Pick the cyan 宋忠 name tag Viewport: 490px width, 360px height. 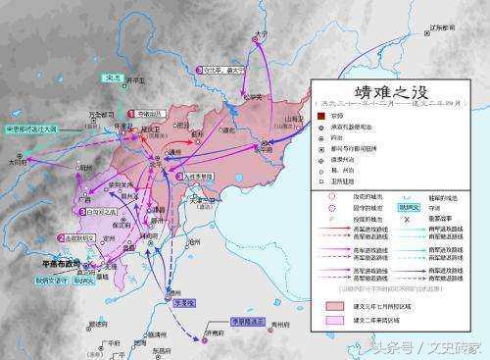click(x=112, y=77)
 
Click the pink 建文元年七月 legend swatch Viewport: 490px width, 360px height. click(x=330, y=305)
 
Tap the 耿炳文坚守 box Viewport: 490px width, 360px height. click(x=43, y=279)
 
